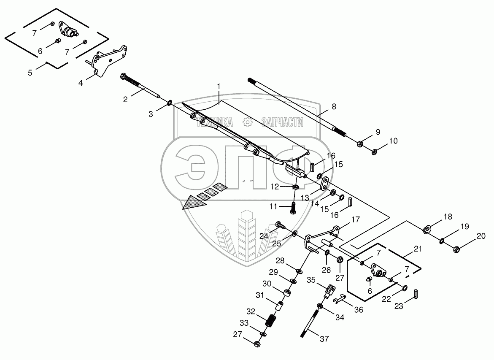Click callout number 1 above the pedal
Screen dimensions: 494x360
(219, 86)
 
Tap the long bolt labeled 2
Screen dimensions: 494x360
(139, 87)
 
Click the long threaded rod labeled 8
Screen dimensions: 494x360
(300, 107)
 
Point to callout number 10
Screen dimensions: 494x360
(393, 141)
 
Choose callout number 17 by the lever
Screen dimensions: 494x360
(356, 219)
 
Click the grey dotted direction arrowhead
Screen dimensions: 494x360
(194, 202)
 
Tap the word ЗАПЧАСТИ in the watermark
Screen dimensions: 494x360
(282, 122)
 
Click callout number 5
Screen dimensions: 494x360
(30, 73)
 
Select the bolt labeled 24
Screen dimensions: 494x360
(280, 225)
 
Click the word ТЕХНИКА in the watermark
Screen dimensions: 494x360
(215, 122)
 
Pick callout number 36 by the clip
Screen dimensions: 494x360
(358, 309)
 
